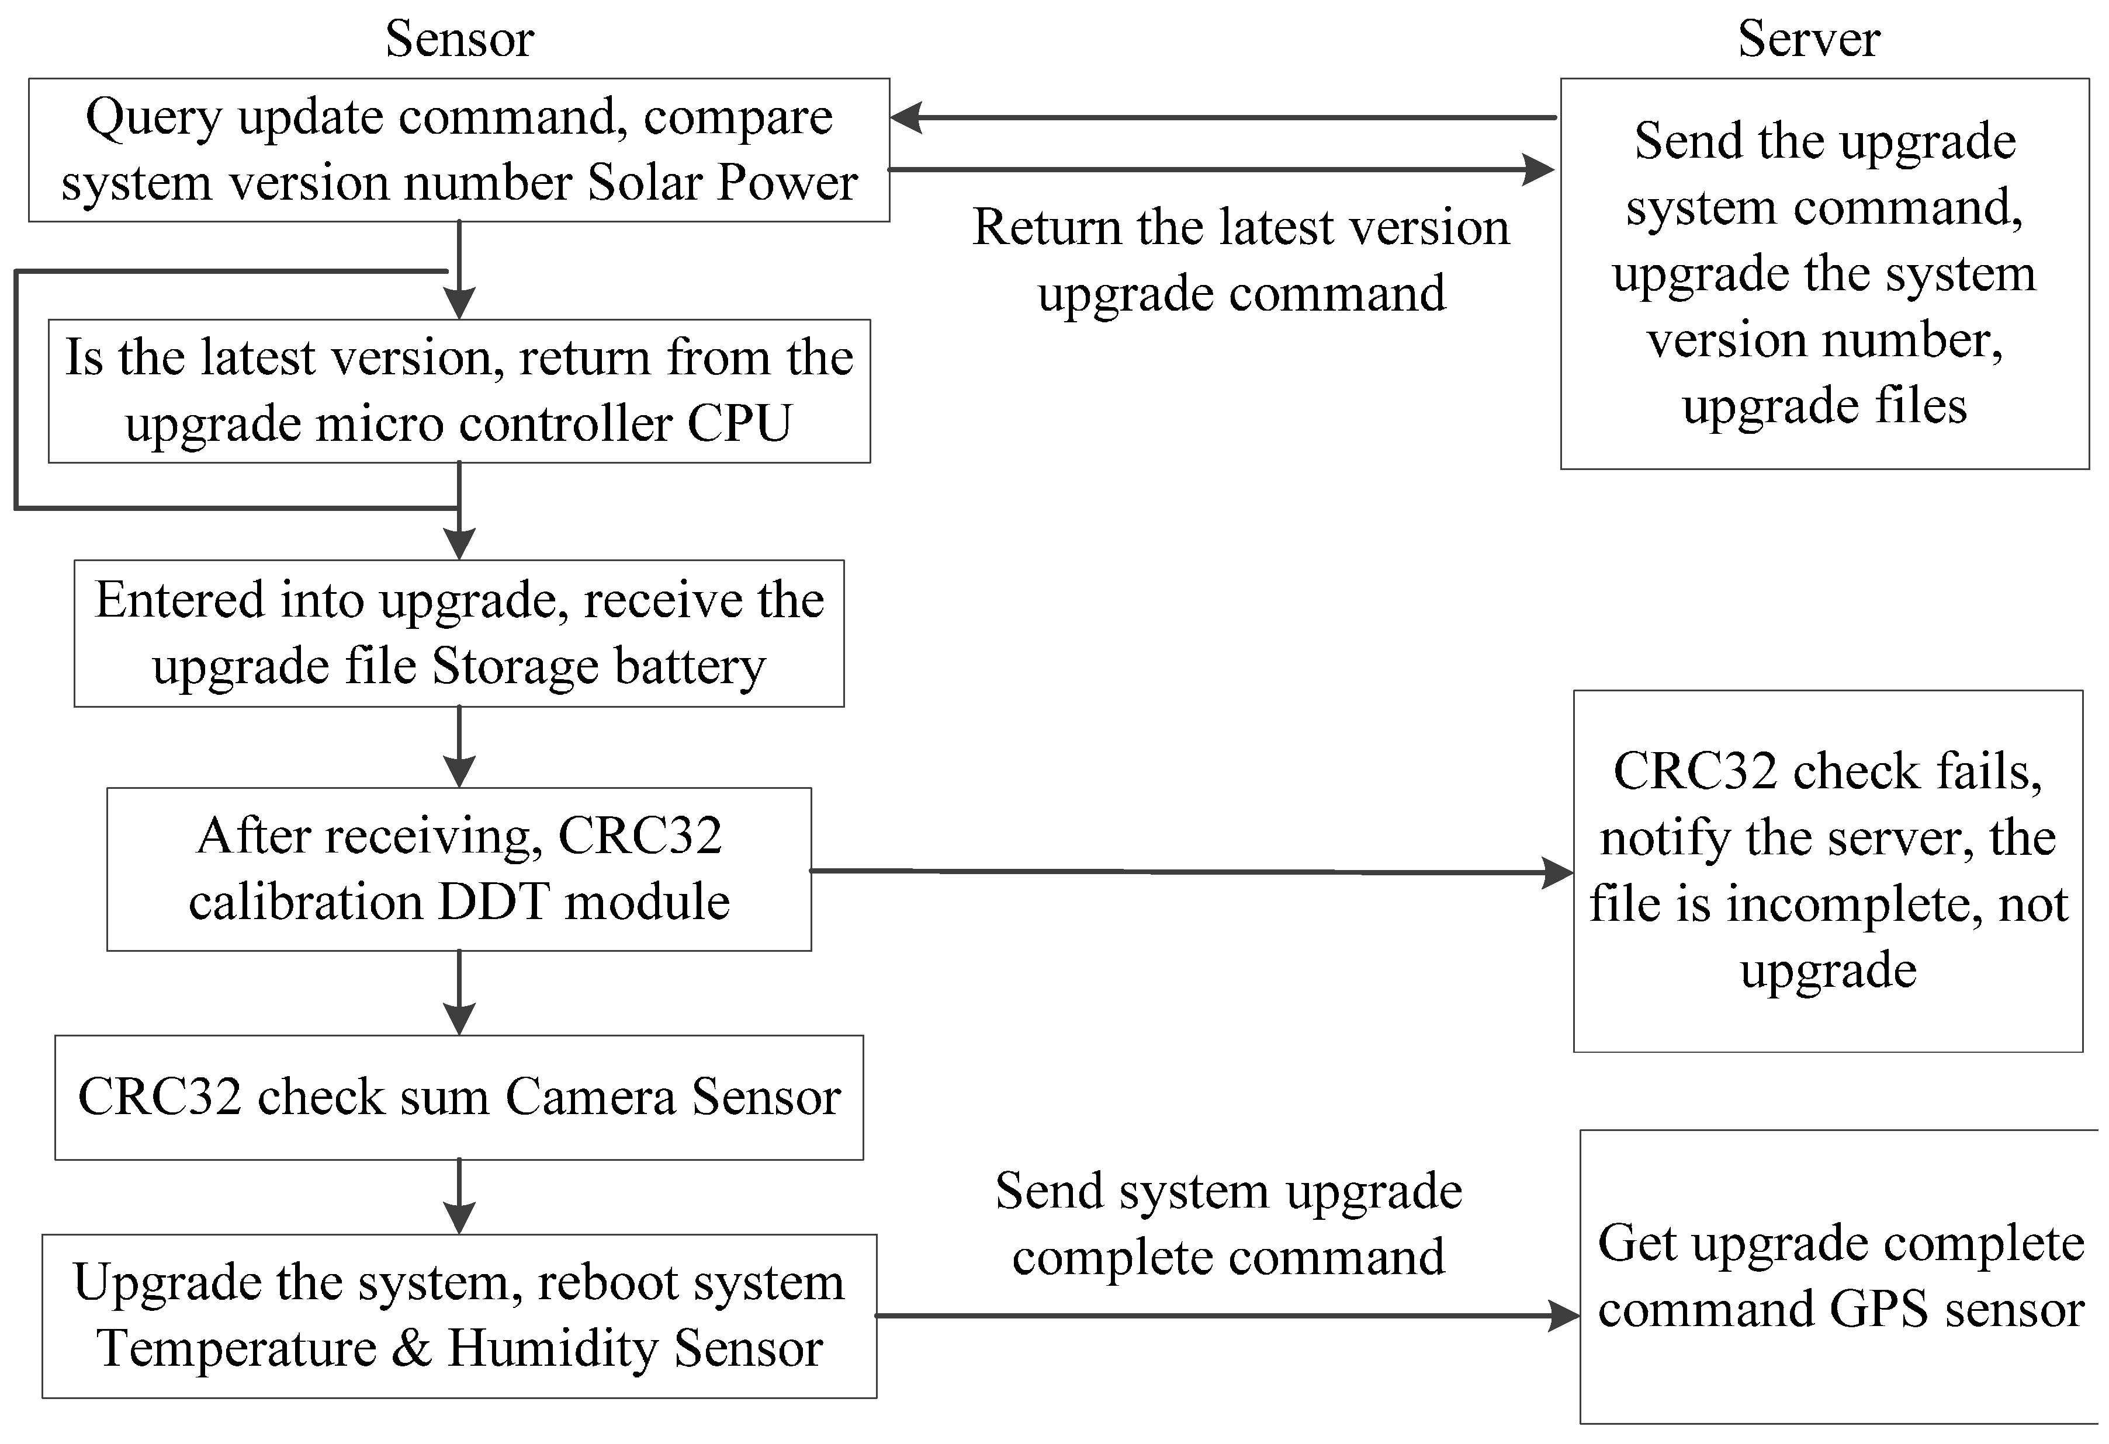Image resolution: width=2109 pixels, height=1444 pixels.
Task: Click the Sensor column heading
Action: [459, 39]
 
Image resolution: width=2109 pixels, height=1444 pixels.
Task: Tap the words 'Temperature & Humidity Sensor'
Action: [459, 1349]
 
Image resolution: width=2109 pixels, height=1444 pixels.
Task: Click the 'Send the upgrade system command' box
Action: [1824, 274]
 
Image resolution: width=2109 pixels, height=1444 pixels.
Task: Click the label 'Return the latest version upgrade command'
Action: [1241, 260]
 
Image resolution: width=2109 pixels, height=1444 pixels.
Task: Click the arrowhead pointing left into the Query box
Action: [908, 118]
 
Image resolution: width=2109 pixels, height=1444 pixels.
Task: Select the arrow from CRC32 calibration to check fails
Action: [1189, 872]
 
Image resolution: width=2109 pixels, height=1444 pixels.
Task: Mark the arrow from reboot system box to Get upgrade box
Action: [1225, 1315]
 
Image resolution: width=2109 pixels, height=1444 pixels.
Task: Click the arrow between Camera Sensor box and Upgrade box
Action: [459, 1195]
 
